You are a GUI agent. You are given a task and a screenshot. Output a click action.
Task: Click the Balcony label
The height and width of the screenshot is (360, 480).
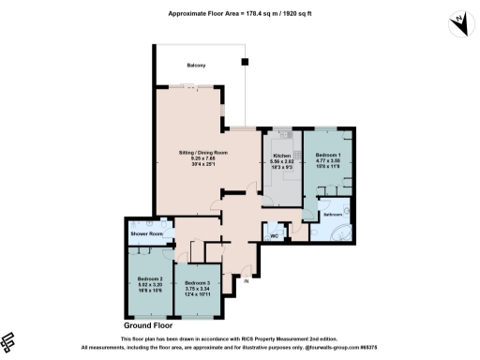click(x=196, y=65)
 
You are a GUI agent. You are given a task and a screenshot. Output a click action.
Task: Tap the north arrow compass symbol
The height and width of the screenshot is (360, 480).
click(x=459, y=22)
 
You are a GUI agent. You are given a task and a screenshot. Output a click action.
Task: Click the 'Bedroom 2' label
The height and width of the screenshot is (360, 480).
click(x=150, y=278)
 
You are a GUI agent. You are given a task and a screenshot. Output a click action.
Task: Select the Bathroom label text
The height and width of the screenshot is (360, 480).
click(x=334, y=215)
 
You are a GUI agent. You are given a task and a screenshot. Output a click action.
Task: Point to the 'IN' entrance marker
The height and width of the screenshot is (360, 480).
click(x=246, y=281)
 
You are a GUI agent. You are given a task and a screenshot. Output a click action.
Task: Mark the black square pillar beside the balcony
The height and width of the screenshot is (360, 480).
click(x=246, y=62)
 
